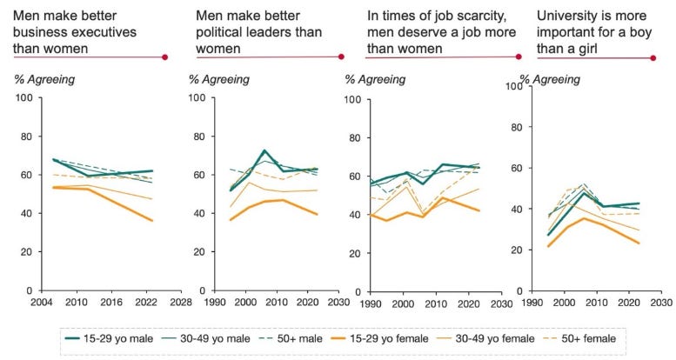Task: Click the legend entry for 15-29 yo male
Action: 109,339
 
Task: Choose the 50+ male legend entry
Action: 291,339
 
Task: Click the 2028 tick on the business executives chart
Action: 181,302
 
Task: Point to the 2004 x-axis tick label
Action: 42,302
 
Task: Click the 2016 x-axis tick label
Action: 111,302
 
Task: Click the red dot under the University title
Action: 653,57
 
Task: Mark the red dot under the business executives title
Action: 164,57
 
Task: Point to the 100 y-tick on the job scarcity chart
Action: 352,100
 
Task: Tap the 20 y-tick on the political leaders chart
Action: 198,252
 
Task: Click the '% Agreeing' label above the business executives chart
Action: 44,80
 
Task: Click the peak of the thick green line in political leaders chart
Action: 264,150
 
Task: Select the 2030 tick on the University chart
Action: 661,303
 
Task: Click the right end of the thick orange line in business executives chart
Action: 152,220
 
